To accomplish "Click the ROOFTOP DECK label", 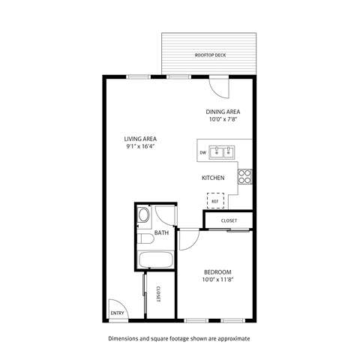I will (210, 55).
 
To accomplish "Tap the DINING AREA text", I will (223, 112).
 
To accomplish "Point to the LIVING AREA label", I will (139, 139).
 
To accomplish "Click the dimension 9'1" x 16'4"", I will (139, 147).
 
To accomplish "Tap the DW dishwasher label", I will (202, 153).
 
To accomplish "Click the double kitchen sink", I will (221, 152).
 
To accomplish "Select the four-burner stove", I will (244, 176).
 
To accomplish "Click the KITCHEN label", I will (214, 178).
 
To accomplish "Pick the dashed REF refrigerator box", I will (215, 200).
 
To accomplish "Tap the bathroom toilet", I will (144, 217).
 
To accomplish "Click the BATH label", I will (161, 233).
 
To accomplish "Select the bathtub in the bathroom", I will (156, 261).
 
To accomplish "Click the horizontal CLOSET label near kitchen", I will (229, 220).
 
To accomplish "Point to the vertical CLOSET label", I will (159, 295).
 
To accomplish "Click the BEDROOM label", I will (217, 271).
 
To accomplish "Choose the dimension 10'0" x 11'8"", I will (217, 280).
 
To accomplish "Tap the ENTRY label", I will (117, 313).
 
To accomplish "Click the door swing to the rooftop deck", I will (218, 88).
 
